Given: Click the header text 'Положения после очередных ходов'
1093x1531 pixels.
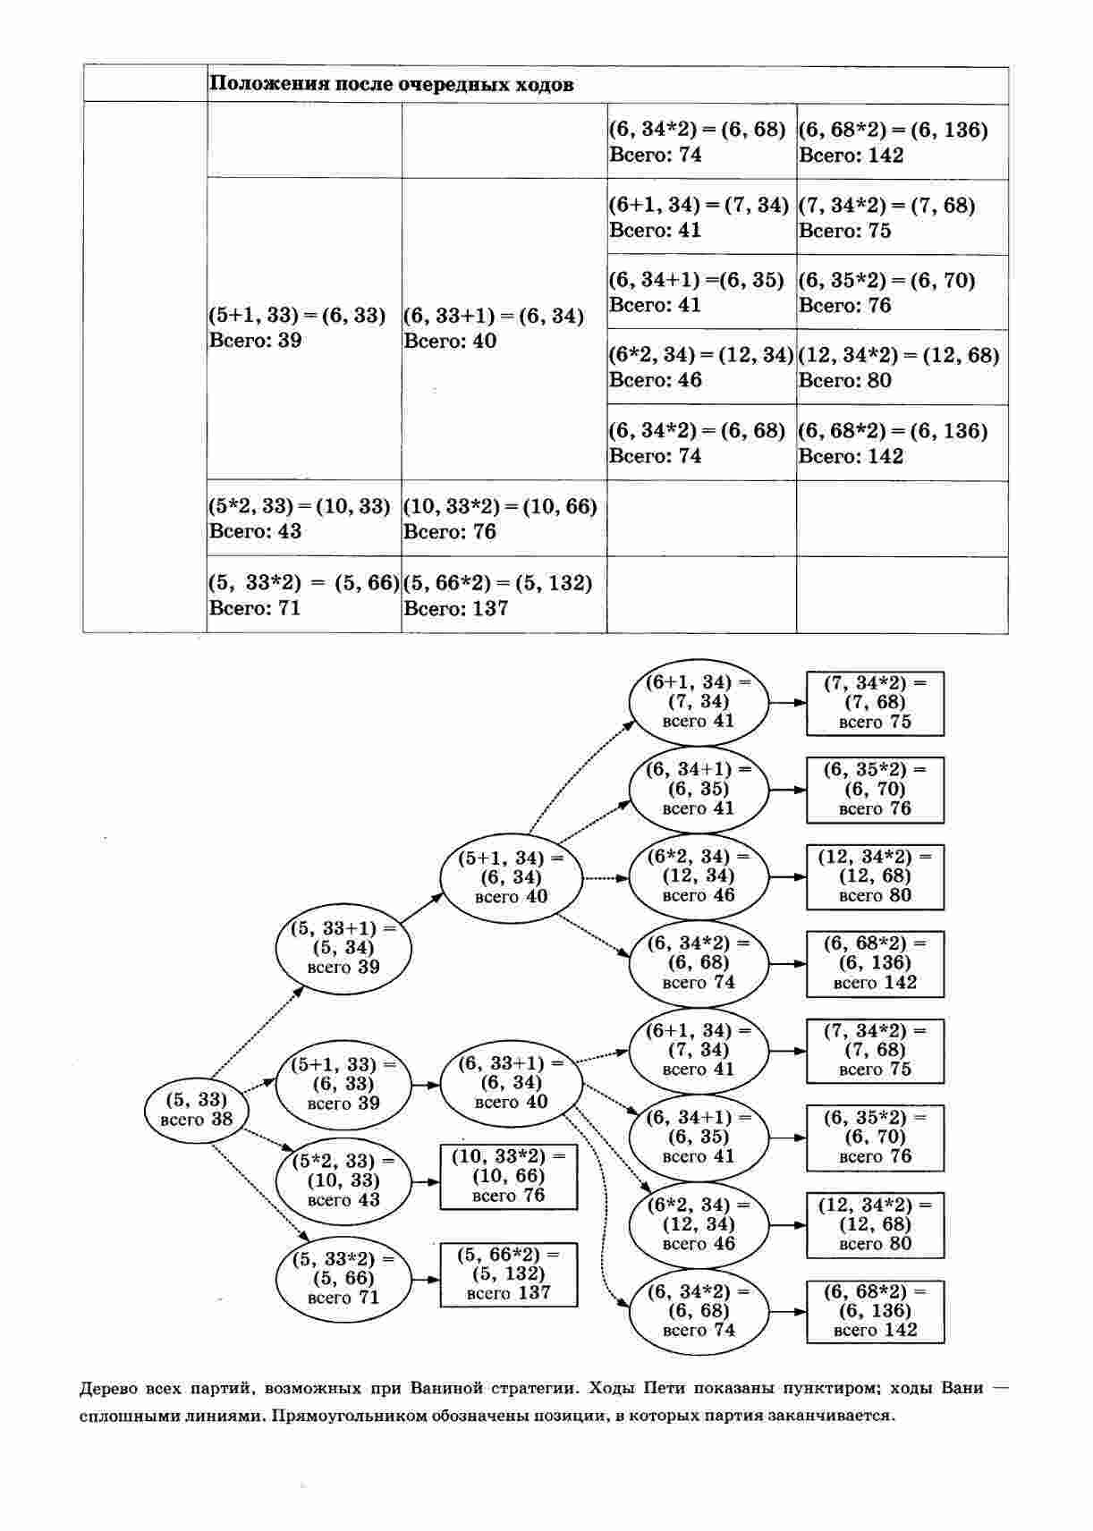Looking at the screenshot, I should tap(391, 85).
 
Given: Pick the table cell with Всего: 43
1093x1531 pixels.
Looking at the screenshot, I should tap(303, 519).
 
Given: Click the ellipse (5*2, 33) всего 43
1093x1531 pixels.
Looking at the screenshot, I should tap(343, 1180).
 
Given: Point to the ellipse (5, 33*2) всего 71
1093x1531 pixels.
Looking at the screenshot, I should tap(343, 1278).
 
